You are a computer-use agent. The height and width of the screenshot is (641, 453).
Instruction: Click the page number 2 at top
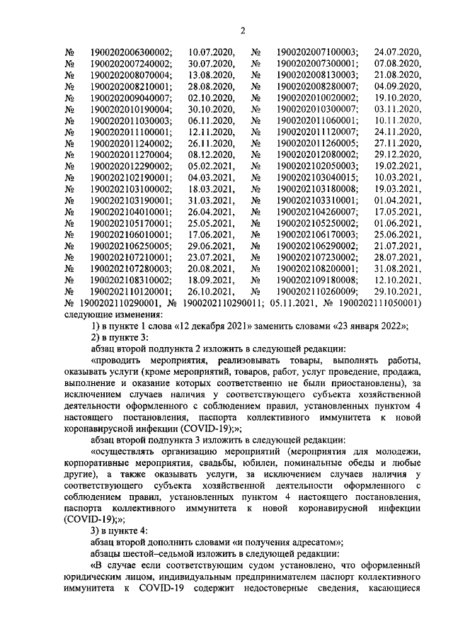coord(242,30)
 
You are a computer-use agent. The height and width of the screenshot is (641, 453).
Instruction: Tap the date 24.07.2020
coord(397,52)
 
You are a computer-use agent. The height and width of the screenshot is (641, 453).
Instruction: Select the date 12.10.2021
coord(397,279)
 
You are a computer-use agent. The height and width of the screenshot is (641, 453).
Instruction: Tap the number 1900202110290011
coord(213,302)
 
